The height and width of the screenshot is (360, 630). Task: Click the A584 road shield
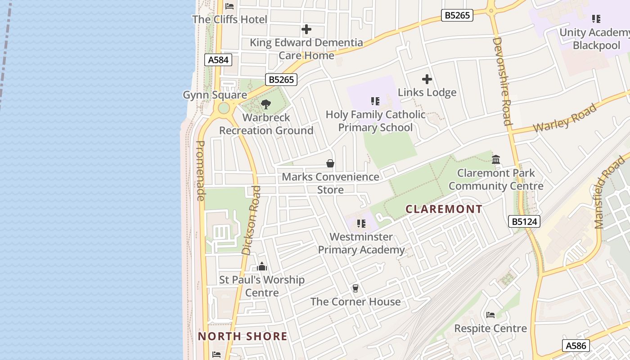tap(218, 60)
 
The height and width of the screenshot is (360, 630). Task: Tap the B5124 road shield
tap(524, 221)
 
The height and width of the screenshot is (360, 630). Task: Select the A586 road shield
tap(576, 346)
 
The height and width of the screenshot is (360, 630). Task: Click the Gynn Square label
tap(215, 95)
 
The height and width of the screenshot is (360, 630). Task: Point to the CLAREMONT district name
tap(444, 209)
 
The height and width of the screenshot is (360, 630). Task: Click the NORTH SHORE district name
tap(243, 336)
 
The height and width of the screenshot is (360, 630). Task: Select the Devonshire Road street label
tap(502, 81)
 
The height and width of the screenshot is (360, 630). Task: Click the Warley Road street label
tap(565, 118)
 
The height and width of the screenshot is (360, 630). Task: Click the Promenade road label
tap(201, 171)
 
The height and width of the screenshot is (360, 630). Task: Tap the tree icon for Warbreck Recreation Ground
tap(266, 104)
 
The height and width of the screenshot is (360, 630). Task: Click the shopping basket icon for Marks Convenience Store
tap(330, 163)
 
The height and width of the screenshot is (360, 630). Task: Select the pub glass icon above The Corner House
tap(355, 288)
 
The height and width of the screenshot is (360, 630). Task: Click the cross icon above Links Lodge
tap(427, 79)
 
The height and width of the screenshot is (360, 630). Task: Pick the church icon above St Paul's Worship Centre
tap(262, 266)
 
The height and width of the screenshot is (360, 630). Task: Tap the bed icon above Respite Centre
tap(490, 315)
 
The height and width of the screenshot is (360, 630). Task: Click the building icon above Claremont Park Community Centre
tap(496, 159)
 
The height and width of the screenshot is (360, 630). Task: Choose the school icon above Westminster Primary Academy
tap(361, 223)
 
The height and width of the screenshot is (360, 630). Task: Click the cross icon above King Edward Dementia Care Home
tap(306, 29)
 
